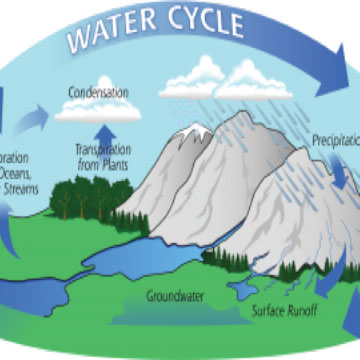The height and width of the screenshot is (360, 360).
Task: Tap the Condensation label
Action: pyautogui.click(x=97, y=93)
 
